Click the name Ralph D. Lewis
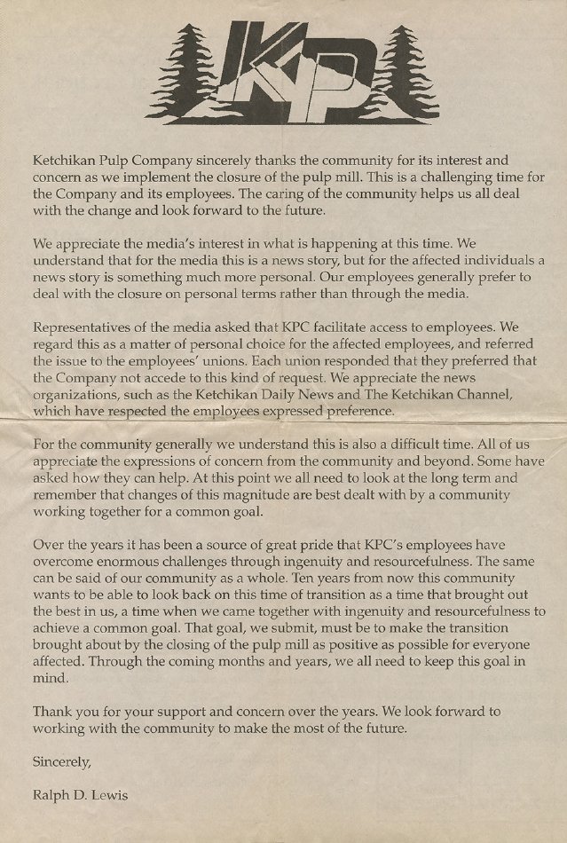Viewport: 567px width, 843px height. pyautogui.click(x=79, y=796)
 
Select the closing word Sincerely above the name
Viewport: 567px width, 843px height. pyautogui.click(x=61, y=761)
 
